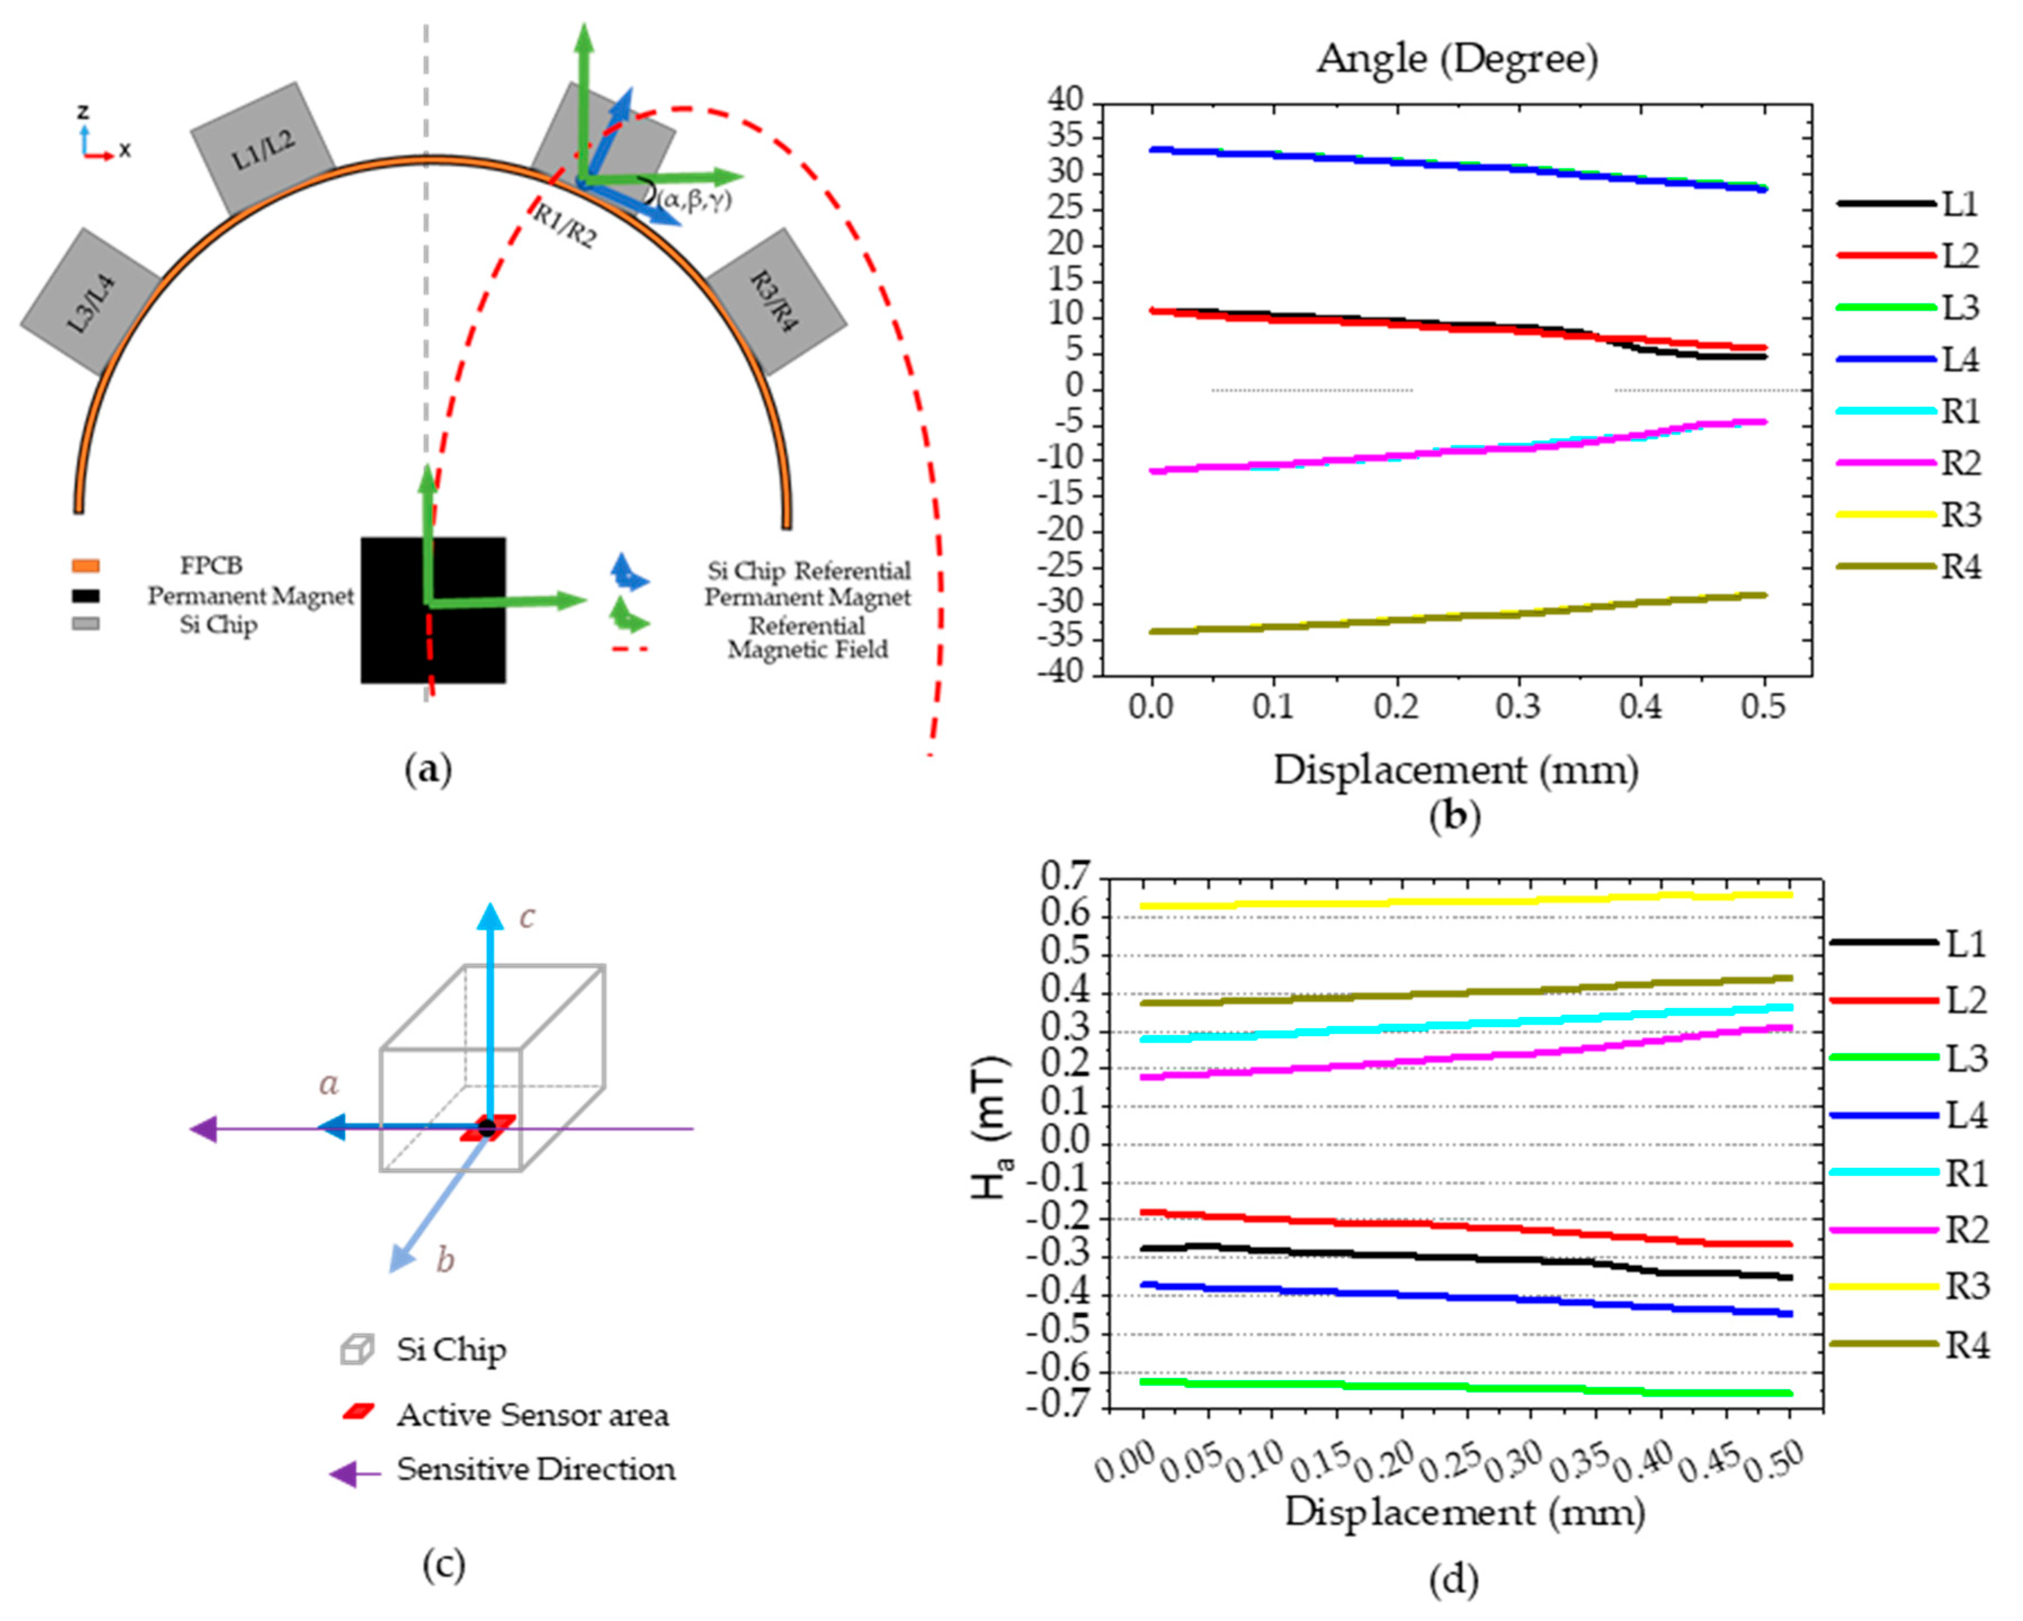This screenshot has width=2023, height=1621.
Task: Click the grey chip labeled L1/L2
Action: [263, 148]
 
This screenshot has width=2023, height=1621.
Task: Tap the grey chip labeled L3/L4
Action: [90, 302]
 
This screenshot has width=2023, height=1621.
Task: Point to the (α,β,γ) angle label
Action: [695, 199]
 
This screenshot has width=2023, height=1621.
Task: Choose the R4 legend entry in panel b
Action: [1909, 567]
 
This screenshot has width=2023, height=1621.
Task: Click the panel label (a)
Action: [428, 769]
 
